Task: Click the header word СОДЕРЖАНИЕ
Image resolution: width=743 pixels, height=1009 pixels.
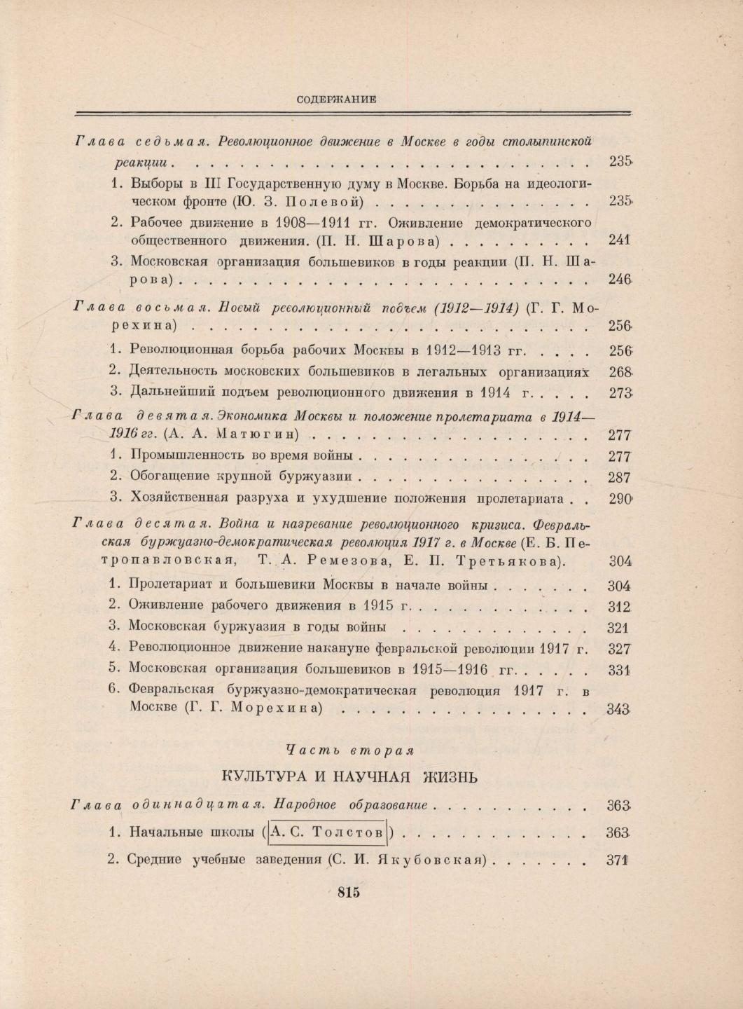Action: (337, 99)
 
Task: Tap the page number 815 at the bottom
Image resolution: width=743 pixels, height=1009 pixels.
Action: (348, 892)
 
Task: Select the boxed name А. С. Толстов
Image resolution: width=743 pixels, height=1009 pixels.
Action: (328, 833)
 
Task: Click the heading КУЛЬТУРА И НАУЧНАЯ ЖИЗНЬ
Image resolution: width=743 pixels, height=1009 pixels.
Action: (350, 776)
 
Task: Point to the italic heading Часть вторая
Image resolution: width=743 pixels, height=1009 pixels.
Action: (350, 749)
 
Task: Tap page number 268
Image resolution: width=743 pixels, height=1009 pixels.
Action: (620, 371)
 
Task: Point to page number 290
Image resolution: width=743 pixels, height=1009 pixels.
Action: (620, 499)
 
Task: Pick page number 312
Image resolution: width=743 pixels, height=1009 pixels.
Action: (620, 606)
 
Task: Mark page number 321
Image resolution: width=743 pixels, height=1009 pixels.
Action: (620, 628)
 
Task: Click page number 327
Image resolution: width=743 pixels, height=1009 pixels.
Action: (620, 649)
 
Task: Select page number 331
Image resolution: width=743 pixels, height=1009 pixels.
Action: (620, 670)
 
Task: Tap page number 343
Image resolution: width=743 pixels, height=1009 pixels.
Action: (620, 709)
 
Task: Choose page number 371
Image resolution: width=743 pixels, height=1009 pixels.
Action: (620, 860)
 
